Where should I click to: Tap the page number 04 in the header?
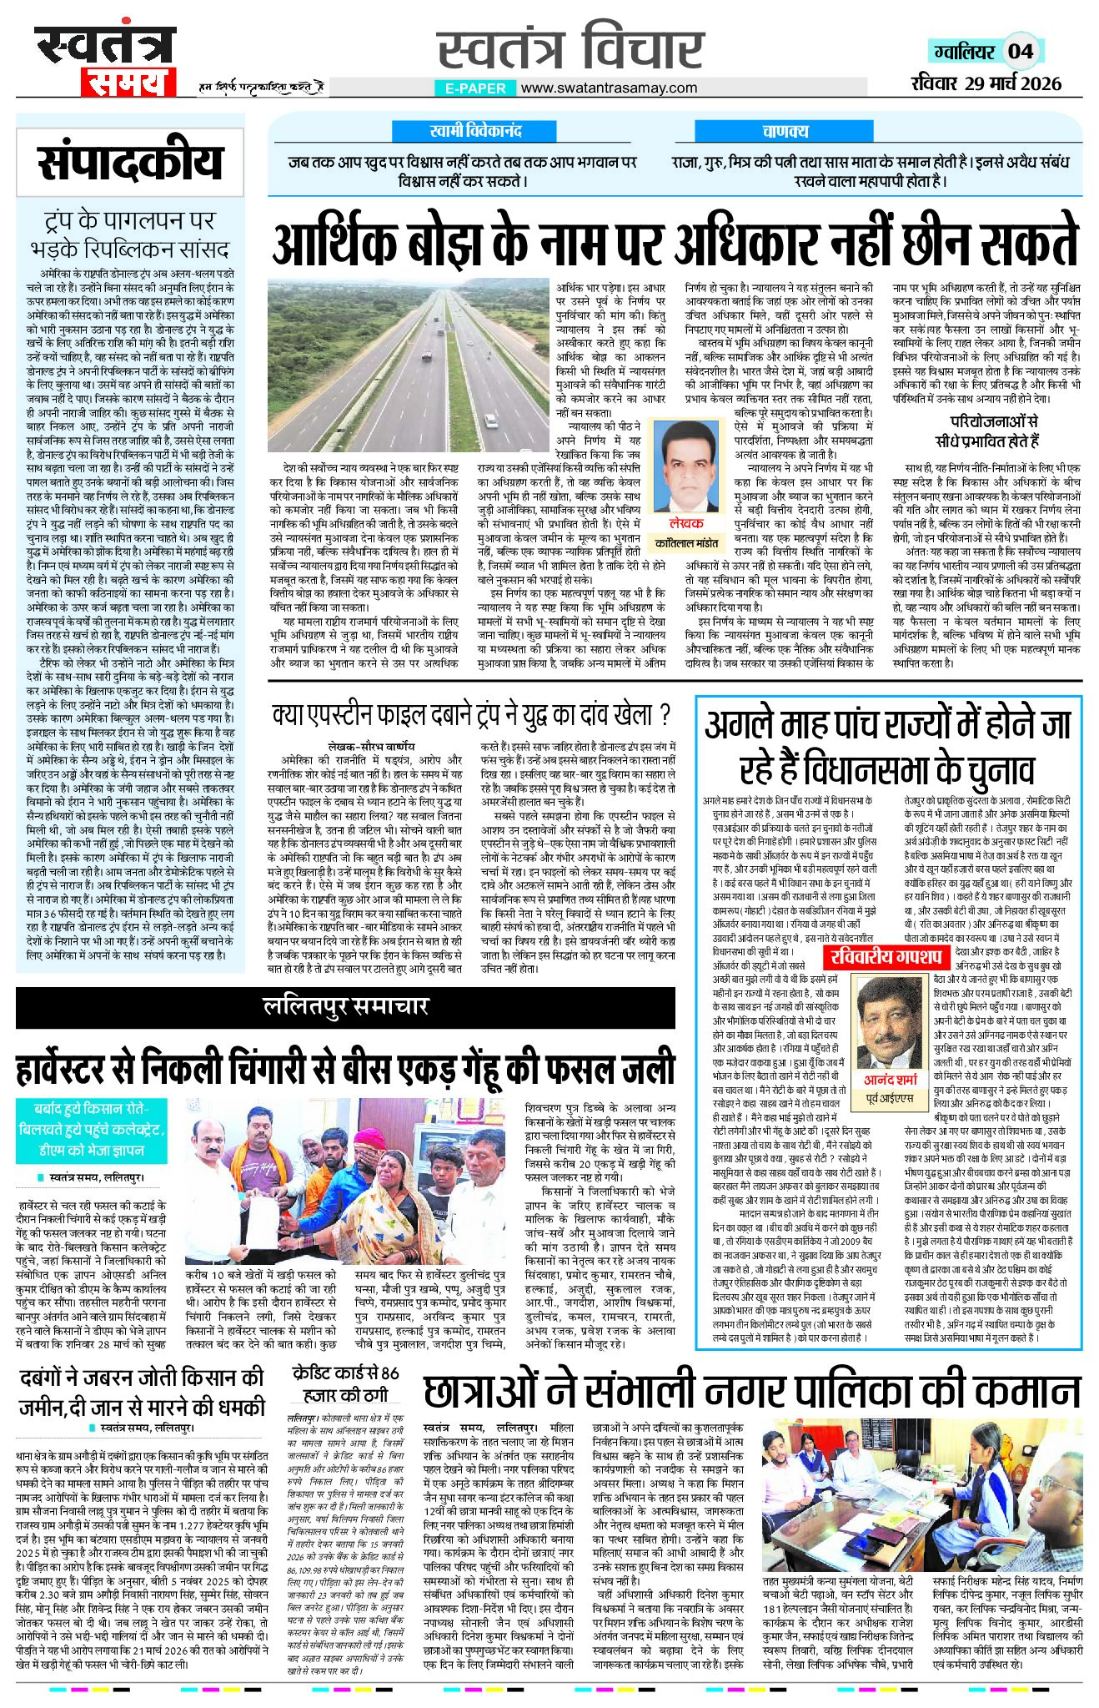pos(1021,51)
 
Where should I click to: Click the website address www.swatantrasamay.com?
pos(610,88)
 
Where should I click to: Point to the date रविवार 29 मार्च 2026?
pos(986,83)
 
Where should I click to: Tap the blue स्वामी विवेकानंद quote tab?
pos(475,131)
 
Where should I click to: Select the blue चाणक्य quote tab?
pos(785,131)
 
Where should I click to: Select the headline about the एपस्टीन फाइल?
pos(472,714)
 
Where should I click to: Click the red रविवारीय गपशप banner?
pos(886,955)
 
